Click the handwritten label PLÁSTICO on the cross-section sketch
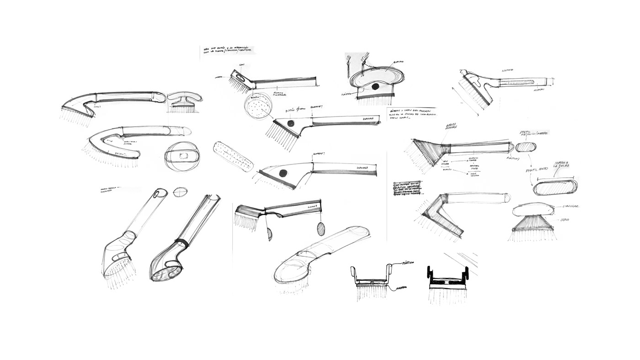point(407,263)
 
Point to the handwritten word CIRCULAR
point(571,206)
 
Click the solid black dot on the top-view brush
point(375,86)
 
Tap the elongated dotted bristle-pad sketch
point(233,156)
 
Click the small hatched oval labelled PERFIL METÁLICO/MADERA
point(525,147)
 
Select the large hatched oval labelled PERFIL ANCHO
point(555,187)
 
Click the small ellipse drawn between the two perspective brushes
point(180,192)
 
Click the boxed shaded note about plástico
point(407,188)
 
